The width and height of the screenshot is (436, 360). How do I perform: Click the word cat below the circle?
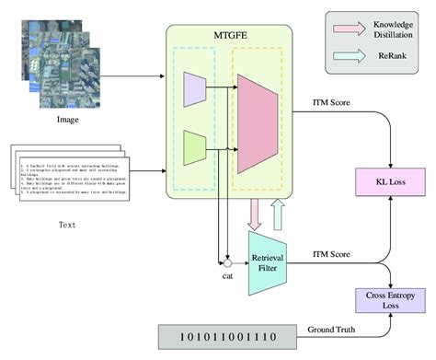coord(226,276)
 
